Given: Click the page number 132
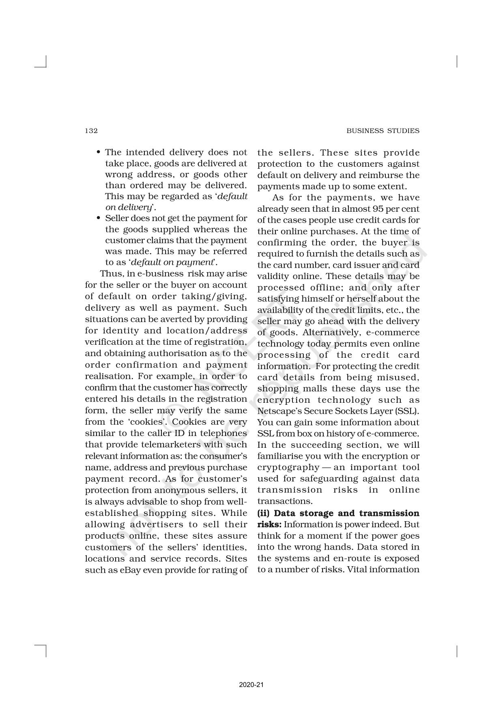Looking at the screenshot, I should pyautogui.click(x=91, y=131).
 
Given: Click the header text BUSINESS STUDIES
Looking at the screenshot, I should pyautogui.click(x=383, y=131).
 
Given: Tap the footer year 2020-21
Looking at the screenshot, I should pyautogui.click(x=251, y=685).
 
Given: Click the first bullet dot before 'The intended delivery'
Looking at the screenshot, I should pyautogui.click(x=99, y=153).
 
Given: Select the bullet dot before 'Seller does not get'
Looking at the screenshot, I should pyautogui.click(x=99, y=218).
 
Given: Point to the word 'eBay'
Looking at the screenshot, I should pyautogui.click(x=131, y=570).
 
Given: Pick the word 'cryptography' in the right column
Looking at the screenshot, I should pyautogui.click(x=288, y=467).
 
